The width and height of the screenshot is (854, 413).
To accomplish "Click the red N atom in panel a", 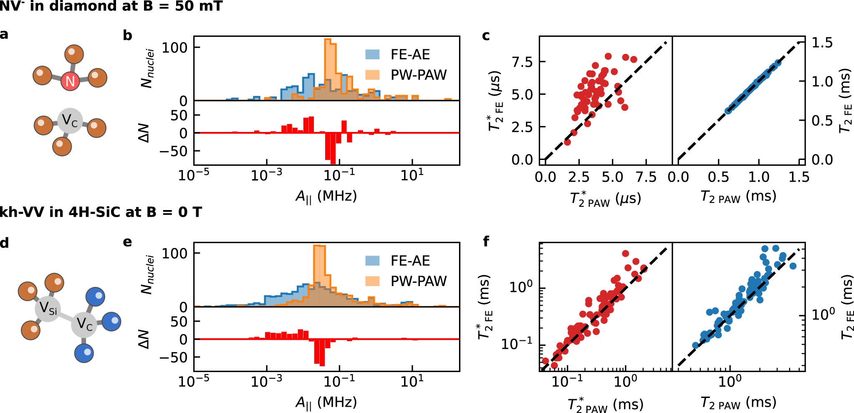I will click(70, 81).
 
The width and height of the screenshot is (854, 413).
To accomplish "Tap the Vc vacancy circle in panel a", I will click(70, 121).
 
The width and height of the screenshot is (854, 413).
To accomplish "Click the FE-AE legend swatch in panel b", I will click(372, 54).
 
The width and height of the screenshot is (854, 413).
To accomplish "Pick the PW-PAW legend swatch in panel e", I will click(372, 281).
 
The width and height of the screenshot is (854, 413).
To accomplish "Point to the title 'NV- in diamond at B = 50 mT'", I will click(111, 6).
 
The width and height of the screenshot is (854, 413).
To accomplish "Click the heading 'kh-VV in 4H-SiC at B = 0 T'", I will click(101, 212).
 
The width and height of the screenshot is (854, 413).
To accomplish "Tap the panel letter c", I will click(485, 36).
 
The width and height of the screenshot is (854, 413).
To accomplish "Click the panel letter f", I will click(486, 241).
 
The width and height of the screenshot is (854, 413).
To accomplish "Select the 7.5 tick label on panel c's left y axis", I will click(522, 62).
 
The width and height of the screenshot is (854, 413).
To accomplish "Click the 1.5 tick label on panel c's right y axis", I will click(822, 43).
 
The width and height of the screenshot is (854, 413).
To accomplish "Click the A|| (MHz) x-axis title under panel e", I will click(326, 403).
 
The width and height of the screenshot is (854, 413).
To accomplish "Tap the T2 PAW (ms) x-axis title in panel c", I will click(738, 196).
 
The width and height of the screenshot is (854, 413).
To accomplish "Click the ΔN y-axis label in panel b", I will click(144, 133).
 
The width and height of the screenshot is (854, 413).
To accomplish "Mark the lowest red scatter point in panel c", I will click(567, 142).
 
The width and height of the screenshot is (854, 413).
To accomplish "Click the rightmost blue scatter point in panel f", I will click(793, 266).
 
